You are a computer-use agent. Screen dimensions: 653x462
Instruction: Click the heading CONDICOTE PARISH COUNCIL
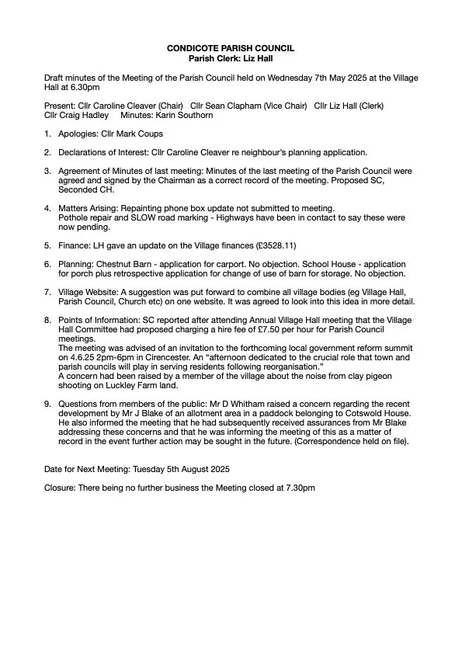[x=231, y=48]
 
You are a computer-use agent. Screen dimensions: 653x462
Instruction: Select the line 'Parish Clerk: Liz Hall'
[x=231, y=57]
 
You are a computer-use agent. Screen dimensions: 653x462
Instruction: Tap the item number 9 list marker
[x=47, y=403]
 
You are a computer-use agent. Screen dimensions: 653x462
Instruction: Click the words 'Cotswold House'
[x=383, y=412]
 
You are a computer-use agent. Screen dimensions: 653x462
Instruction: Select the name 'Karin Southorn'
[x=186, y=115]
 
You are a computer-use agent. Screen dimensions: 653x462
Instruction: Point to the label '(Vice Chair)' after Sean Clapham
[x=283, y=106]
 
